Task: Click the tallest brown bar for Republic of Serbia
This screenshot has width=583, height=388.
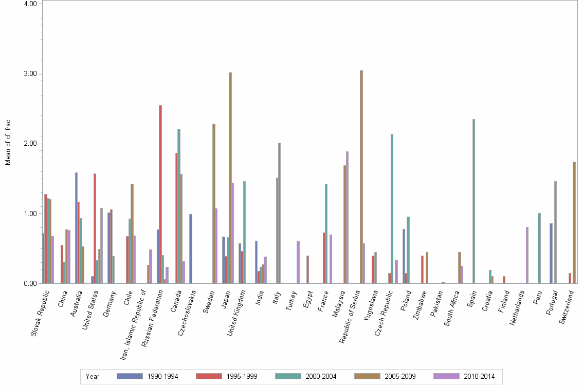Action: tap(361, 177)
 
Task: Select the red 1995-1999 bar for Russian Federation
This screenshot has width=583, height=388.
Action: tap(160, 194)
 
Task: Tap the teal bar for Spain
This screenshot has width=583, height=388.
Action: tap(473, 201)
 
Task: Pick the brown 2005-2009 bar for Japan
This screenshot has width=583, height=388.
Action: tap(230, 178)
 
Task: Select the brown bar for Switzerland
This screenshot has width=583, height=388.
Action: tap(574, 222)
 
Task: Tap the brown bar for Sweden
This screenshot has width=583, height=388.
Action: tap(214, 203)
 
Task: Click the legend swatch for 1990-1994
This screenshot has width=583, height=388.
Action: tap(130, 376)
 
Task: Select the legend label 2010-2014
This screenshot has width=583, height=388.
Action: tap(479, 376)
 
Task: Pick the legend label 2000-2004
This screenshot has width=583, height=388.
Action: tap(321, 376)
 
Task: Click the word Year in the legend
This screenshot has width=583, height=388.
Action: tap(93, 376)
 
